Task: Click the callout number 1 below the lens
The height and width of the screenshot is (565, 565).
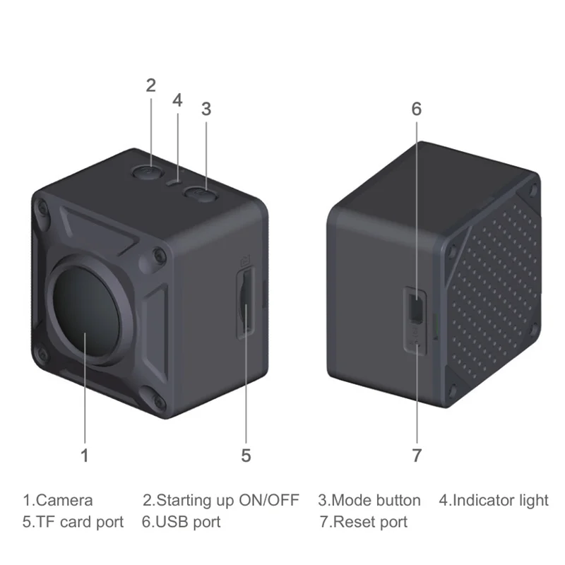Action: point(85,456)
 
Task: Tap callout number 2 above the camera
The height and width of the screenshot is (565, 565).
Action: point(150,85)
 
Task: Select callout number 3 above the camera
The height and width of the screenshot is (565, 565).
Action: point(206,109)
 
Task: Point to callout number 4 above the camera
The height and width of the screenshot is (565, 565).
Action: point(177,100)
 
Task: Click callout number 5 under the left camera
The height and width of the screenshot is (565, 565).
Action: point(246,456)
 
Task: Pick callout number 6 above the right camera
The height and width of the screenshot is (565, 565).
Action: point(416,109)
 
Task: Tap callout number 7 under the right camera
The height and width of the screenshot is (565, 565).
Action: point(416,456)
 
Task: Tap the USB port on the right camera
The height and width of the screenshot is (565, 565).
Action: point(416,308)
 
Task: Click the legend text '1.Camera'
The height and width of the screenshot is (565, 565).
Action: point(58,501)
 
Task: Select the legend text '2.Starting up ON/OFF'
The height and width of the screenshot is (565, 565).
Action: point(221,501)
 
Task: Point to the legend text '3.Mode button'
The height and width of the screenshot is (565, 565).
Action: point(369,501)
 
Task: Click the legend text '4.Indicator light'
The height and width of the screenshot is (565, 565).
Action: point(494,501)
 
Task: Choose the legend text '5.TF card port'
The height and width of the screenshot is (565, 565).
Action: point(73,523)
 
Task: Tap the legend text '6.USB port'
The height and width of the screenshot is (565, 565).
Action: point(181,523)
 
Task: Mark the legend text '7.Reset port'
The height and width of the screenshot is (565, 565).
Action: point(363,523)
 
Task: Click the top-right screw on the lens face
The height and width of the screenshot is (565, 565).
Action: point(159,255)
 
